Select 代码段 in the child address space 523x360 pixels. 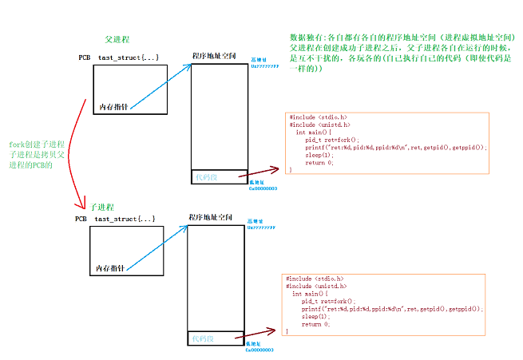point(203,339)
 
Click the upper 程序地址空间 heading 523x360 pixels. point(214,57)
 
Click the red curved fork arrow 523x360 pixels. point(76,152)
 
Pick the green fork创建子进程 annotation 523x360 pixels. point(38,154)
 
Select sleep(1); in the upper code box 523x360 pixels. point(319,155)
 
